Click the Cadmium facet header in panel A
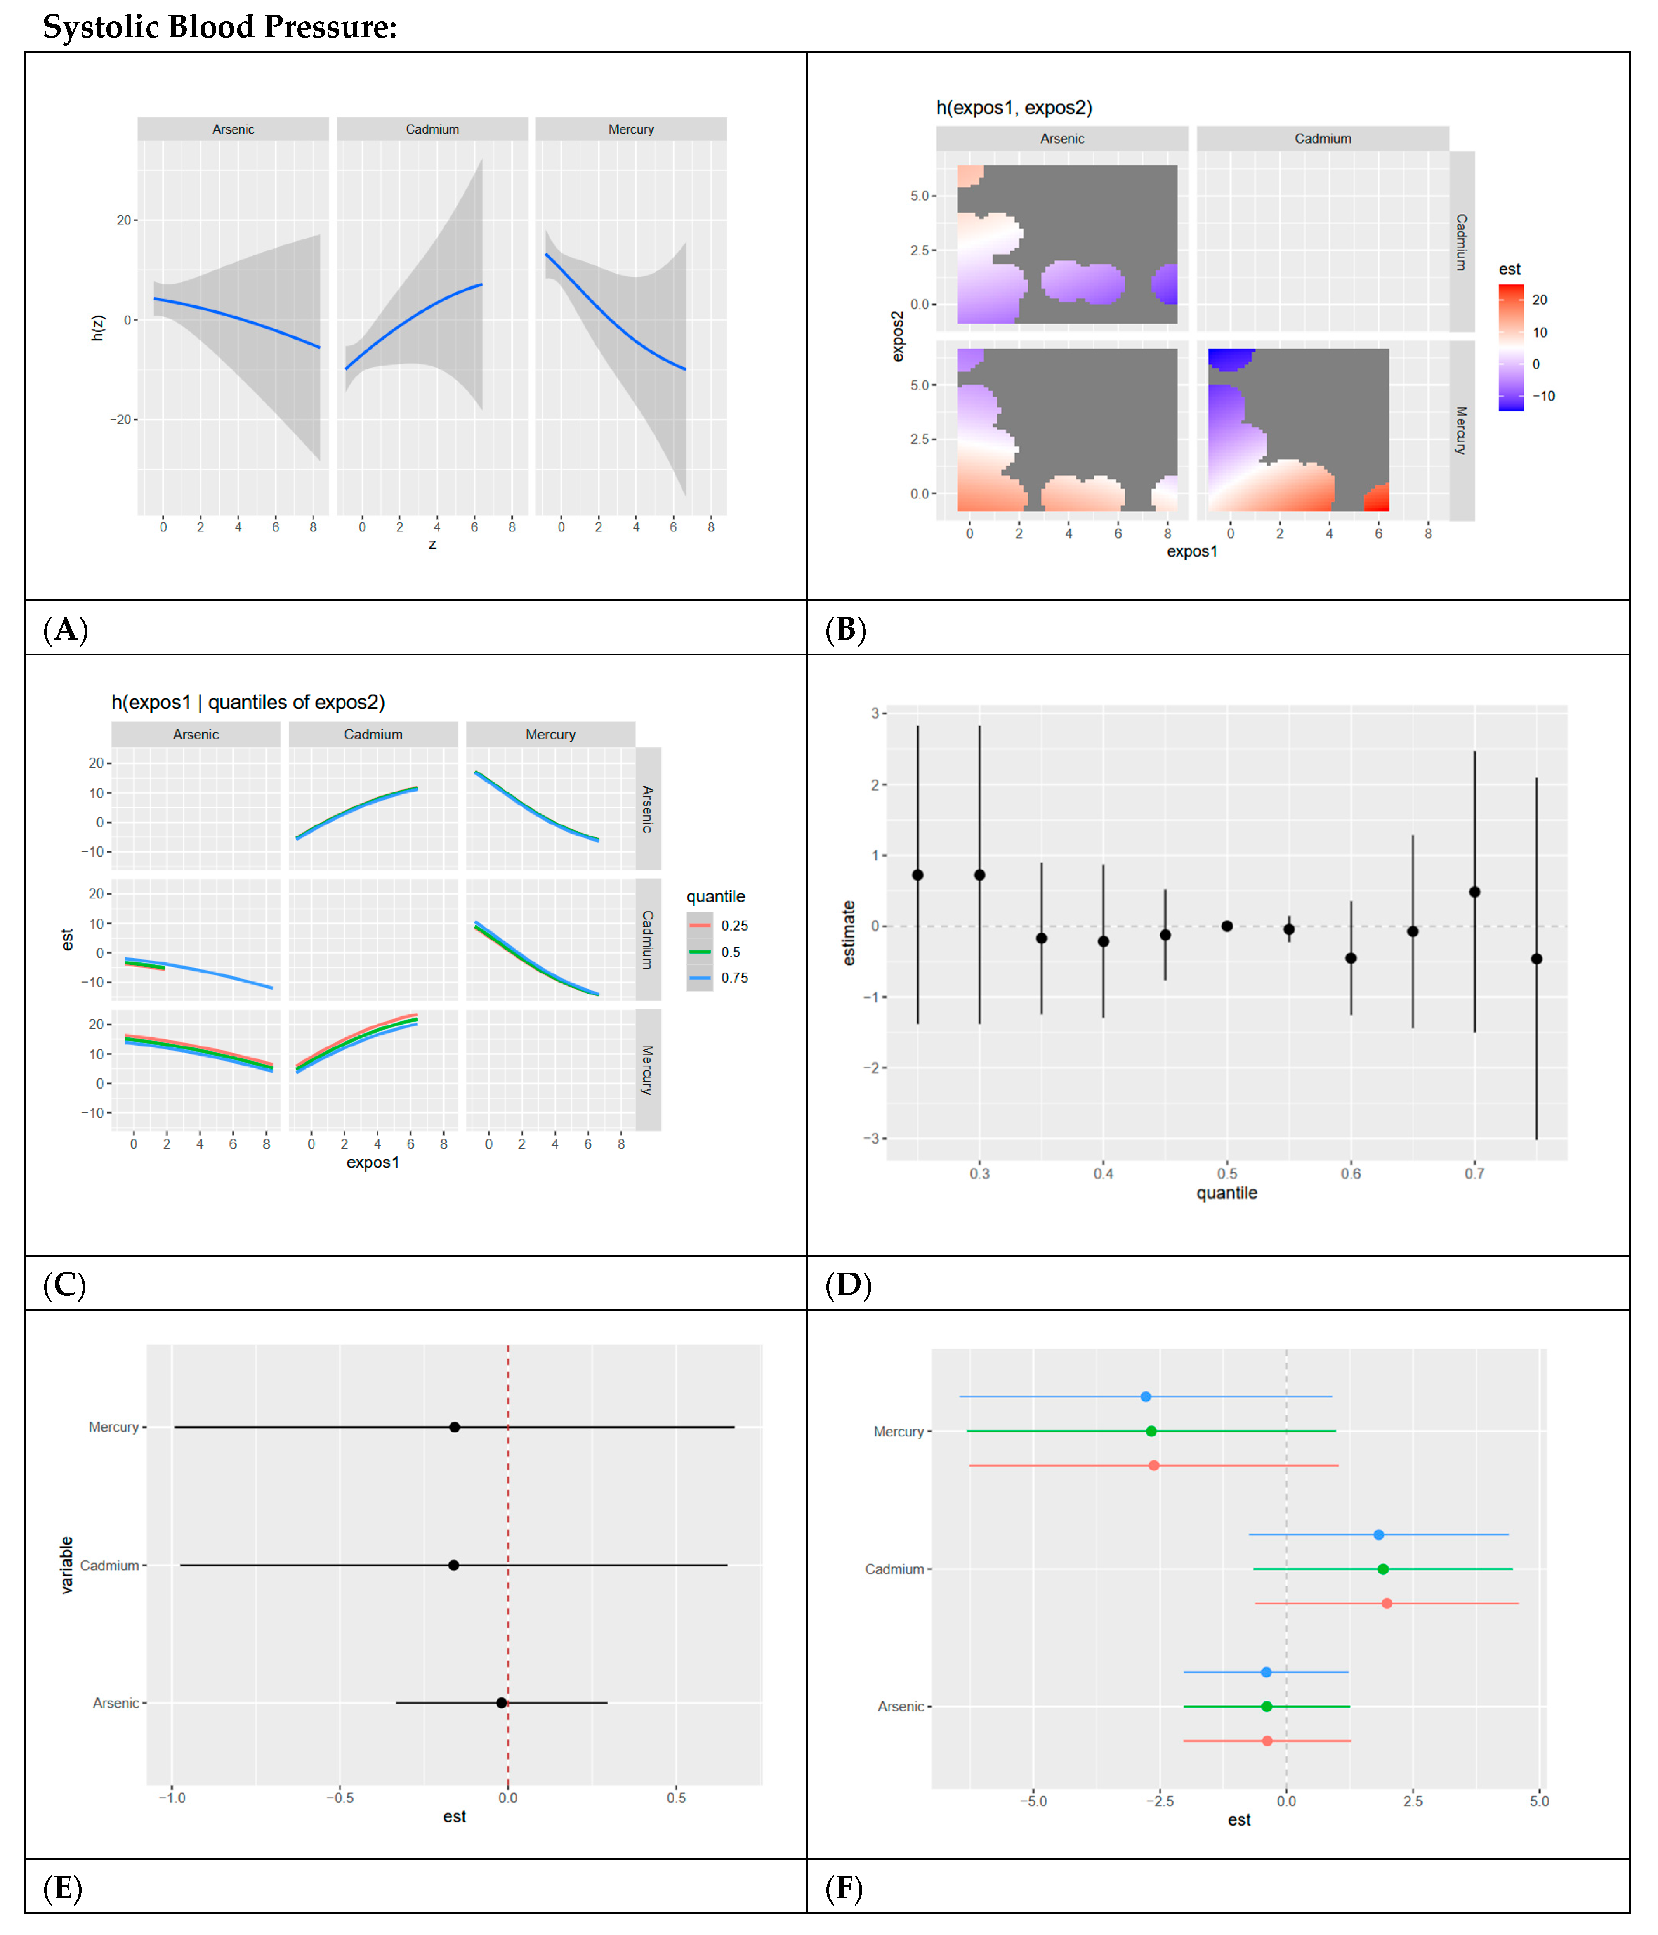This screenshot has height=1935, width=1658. pos(432,129)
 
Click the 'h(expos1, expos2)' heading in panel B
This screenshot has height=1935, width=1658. pos(1014,107)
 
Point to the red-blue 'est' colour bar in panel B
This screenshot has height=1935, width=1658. pos(1510,347)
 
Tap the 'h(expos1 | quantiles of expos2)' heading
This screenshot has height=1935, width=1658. pos(248,702)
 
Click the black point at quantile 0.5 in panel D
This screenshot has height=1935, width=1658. pos(1226,926)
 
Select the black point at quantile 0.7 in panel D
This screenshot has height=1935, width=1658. pos(1474,892)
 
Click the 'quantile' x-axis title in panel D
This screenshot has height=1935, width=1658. pos(1226,1193)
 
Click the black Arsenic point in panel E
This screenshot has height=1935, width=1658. pos(502,1703)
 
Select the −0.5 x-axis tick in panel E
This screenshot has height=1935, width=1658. pos(340,1798)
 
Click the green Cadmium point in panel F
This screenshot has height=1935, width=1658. pos(1382,1569)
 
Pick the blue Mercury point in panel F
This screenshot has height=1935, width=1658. pos(1145,1396)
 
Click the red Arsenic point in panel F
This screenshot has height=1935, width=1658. pos(1267,1741)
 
